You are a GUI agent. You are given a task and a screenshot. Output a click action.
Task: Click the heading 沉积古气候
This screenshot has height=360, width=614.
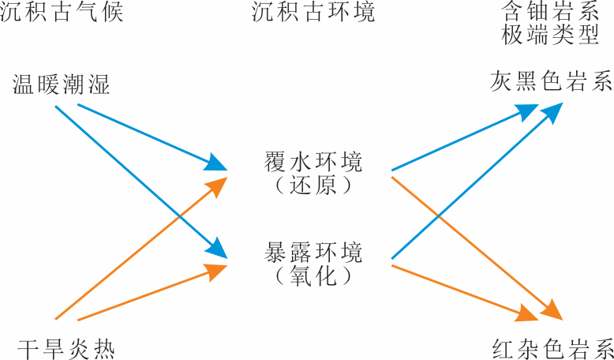point(62,13)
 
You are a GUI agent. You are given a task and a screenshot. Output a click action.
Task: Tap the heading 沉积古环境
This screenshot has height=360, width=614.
point(313,13)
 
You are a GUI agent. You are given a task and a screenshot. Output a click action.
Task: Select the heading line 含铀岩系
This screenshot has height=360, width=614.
point(550,13)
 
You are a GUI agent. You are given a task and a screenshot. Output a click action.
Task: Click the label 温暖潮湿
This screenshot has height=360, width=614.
point(61,85)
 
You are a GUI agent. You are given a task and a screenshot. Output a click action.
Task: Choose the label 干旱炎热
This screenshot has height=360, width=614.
point(66,350)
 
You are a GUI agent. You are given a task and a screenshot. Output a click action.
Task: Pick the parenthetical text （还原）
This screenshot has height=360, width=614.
point(313,186)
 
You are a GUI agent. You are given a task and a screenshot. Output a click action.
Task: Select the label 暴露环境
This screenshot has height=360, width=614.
point(313,253)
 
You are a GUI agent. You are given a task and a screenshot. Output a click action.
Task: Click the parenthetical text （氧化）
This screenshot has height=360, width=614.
point(313,276)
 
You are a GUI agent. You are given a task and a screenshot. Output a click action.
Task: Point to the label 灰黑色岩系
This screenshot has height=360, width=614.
point(552,81)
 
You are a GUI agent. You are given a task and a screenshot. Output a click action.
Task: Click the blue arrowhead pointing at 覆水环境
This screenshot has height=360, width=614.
point(215,163)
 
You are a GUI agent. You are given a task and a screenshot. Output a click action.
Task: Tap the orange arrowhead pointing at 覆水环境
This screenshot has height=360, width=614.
point(217,186)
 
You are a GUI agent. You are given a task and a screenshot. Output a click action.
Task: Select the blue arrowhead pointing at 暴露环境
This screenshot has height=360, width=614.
point(217,249)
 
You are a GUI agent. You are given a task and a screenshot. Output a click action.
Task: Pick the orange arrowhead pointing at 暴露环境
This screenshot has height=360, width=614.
point(215,271)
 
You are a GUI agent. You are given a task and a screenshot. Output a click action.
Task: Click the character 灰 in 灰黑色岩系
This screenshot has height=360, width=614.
point(500,81)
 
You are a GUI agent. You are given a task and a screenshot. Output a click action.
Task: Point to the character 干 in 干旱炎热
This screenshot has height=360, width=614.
point(28,350)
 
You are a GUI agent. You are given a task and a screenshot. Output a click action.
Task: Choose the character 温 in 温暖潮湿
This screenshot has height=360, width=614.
point(22,85)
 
